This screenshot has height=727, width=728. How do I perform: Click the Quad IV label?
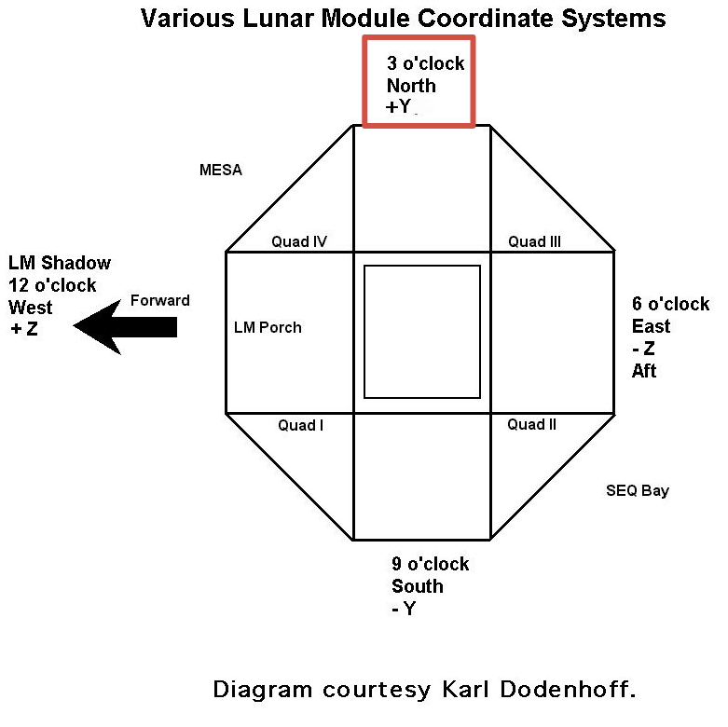tap(299, 241)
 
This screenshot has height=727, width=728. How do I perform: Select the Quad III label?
tap(534, 241)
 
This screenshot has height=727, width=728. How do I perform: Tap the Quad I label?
tap(300, 425)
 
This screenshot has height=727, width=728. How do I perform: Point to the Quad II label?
tap(531, 424)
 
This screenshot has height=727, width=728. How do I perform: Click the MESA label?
tap(221, 170)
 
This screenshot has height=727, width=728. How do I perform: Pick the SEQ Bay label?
tap(638, 490)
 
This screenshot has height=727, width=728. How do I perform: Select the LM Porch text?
tap(268, 327)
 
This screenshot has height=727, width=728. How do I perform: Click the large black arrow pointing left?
tap(125, 327)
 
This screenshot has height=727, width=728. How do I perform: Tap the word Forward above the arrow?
tap(159, 300)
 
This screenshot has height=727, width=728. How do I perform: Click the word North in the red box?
tap(411, 86)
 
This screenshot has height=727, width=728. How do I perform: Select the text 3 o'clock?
tap(426, 63)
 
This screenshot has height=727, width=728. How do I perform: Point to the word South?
tap(418, 586)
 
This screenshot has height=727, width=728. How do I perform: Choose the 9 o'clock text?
tap(431, 564)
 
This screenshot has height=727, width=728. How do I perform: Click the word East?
tap(651, 326)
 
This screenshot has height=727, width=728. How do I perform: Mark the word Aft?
tap(644, 371)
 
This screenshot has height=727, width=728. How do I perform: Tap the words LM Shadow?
tap(60, 263)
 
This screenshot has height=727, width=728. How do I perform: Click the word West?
tap(30, 308)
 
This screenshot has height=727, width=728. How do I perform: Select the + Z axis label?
tap(23, 329)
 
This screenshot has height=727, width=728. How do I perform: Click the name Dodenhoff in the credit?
tap(568, 690)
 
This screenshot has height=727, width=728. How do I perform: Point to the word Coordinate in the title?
tap(484, 19)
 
